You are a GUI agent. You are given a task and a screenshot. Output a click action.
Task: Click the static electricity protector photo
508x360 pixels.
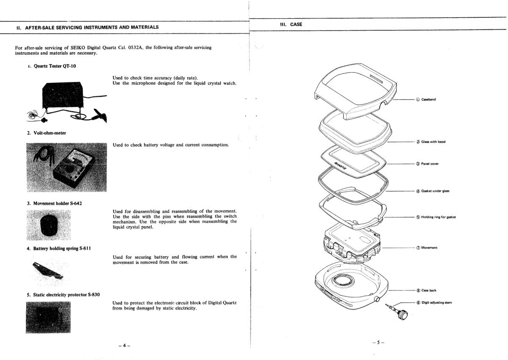[48, 317]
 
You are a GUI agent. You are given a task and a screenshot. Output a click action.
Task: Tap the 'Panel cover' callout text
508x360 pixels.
[429, 164]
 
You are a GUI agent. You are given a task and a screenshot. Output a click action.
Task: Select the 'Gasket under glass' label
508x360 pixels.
[435, 191]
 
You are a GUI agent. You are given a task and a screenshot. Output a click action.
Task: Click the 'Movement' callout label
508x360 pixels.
[428, 247]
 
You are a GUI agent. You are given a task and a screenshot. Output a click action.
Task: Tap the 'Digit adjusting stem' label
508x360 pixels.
[436, 302]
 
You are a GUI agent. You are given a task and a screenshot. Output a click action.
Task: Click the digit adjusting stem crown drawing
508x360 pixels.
[403, 315]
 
